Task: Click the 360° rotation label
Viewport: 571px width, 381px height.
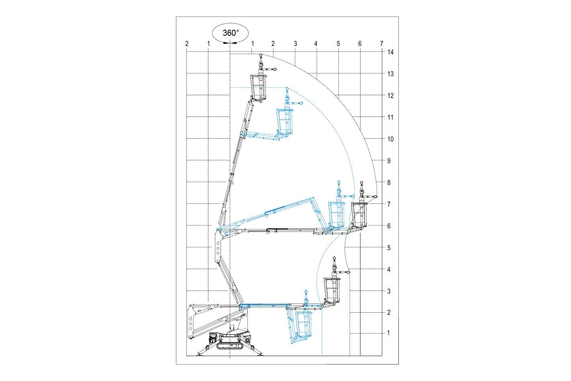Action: click(x=231, y=33)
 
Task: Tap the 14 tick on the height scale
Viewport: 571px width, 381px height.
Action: click(x=390, y=52)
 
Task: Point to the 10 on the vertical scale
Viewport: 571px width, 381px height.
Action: click(x=390, y=139)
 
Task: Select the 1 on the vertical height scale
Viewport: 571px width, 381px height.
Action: click(x=388, y=333)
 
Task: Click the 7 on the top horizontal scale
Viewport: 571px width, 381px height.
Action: click(x=381, y=44)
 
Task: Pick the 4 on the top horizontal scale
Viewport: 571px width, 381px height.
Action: click(x=316, y=44)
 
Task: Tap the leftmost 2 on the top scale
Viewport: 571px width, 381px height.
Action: click(x=187, y=44)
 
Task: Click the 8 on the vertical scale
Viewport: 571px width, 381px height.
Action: click(x=389, y=183)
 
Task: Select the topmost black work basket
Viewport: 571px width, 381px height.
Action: click(x=259, y=87)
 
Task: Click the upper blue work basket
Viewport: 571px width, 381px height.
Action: click(x=285, y=122)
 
